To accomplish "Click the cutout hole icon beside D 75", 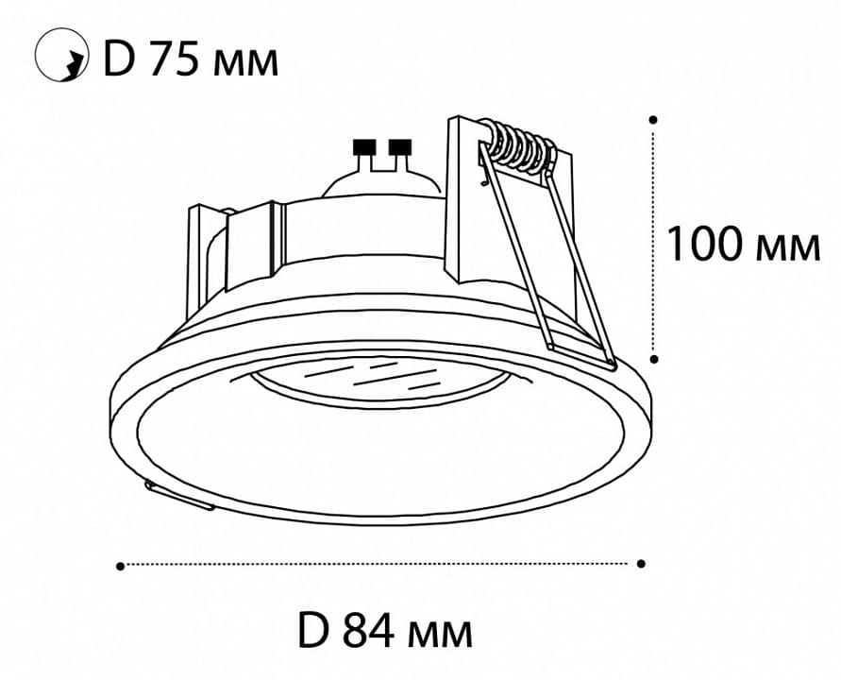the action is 61,56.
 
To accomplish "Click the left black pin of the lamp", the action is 363,146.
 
